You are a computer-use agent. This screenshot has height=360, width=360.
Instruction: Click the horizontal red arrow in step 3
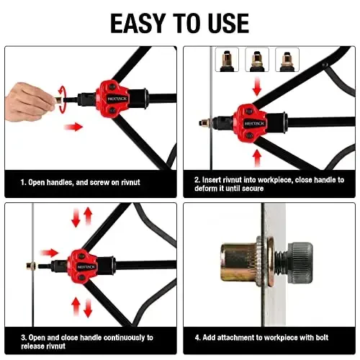point(49,253)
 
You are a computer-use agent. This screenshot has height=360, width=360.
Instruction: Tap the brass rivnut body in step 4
point(242,262)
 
